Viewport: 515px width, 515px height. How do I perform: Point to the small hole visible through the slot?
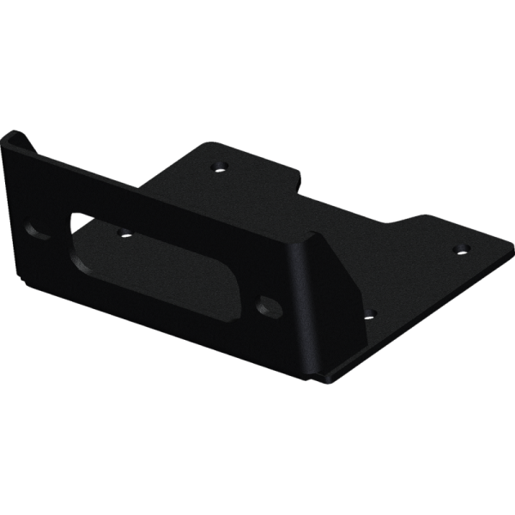[x=122, y=232]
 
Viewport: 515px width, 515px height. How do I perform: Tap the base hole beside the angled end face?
[x=369, y=315]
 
